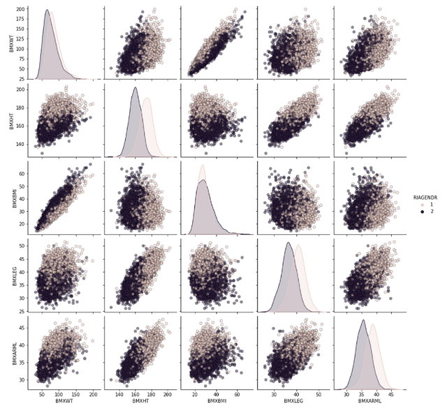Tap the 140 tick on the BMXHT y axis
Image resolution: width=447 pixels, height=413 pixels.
[21, 144]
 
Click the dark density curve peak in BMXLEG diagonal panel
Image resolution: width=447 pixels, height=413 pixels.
[288, 242]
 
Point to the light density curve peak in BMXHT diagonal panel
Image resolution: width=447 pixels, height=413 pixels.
[147, 99]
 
